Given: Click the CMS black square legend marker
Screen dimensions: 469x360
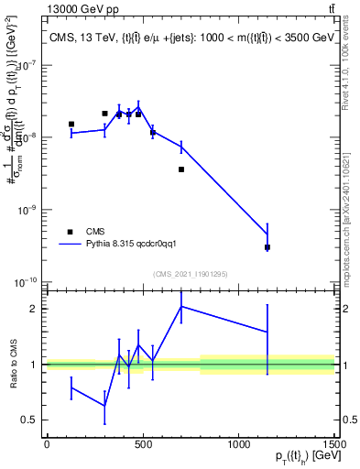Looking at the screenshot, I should click(69, 232).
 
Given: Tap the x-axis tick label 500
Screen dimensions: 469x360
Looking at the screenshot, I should click(143, 444).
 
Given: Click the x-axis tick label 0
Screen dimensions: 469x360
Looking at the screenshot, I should click(47, 444).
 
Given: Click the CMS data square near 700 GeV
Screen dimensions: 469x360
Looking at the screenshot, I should click(181, 169).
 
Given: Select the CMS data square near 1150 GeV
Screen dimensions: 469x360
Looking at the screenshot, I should click(267, 247).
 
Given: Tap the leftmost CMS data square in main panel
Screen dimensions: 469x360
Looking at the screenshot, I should click(71, 124).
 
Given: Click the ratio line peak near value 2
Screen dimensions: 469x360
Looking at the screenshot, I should click(181, 307).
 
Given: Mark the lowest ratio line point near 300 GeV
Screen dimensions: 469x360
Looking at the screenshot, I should click(104, 406).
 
